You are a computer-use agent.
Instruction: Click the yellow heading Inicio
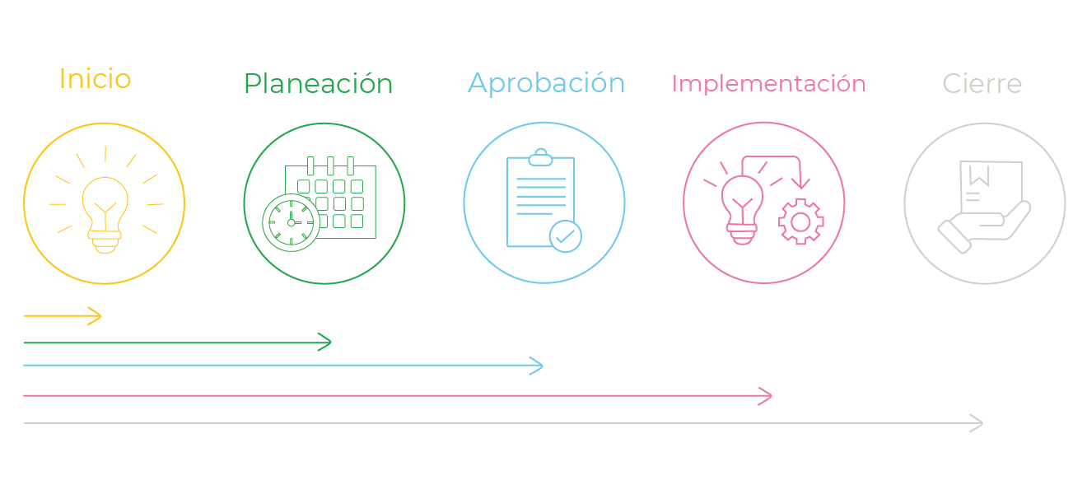(96, 78)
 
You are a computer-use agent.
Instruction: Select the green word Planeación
(319, 83)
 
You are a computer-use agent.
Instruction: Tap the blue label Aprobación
(547, 83)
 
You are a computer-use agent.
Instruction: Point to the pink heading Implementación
(768, 84)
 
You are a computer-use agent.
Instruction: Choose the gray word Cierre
(982, 83)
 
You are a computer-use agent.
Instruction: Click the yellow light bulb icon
(105, 215)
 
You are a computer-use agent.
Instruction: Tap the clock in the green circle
(292, 223)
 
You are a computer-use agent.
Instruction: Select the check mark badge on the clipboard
(566, 236)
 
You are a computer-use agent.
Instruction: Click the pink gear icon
(800, 221)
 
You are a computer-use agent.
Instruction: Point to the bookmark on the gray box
(979, 175)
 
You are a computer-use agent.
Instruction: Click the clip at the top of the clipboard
(540, 157)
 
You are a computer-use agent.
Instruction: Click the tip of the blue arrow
(543, 366)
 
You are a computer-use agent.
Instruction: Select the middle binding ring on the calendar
(330, 165)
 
